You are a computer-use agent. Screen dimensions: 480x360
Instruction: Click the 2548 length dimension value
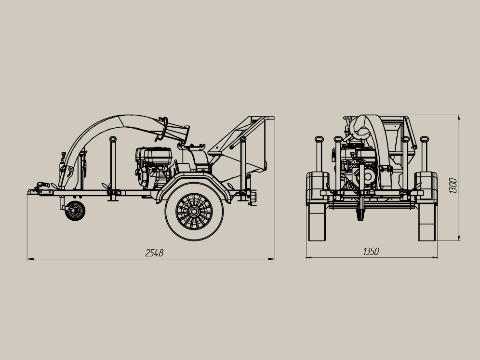tap(154, 253)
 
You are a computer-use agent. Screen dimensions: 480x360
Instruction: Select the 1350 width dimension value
tap(371, 252)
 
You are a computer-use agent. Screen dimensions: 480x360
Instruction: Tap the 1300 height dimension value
tap(453, 186)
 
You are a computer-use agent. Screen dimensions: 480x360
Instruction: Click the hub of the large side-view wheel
tap(194, 211)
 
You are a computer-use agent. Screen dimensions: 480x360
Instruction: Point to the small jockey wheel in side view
tap(75, 211)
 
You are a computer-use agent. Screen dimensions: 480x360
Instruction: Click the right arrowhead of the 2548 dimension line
tap(271, 259)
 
